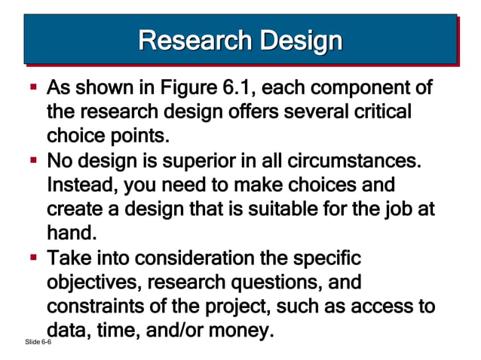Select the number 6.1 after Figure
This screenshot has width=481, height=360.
click(x=231, y=89)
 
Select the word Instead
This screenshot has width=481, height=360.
click(x=80, y=185)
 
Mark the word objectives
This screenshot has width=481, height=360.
click(x=94, y=282)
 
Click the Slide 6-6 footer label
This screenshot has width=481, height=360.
click(x=37, y=343)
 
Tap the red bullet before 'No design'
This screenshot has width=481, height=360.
click(x=34, y=161)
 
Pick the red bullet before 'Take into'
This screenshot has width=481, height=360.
click(x=34, y=258)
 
